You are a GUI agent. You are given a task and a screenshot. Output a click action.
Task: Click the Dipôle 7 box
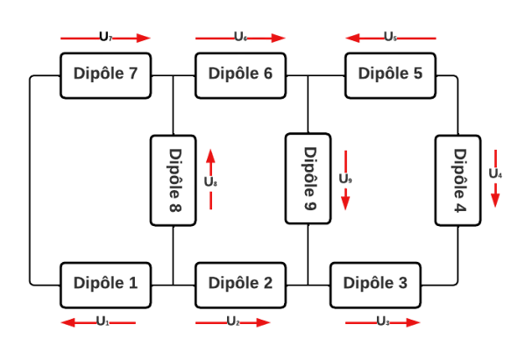click(104, 74)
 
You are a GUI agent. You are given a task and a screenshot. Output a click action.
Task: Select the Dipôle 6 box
click(240, 74)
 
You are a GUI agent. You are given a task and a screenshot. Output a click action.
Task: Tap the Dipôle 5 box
click(390, 74)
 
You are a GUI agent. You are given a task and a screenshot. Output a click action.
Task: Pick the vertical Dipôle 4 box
click(458, 179)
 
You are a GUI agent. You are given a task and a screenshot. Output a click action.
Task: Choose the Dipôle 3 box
click(375, 284)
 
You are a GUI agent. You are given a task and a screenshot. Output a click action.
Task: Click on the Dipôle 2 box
click(240, 284)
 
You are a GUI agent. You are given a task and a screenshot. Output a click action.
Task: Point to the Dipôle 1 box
click(105, 284)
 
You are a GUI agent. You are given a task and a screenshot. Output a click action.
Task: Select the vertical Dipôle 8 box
click(173, 179)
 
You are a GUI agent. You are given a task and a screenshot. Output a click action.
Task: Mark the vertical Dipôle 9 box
click(309, 179)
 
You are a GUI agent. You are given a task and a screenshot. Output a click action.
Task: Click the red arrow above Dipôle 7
click(106, 39)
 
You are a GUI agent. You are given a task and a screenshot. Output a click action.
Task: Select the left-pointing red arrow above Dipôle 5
click(390, 39)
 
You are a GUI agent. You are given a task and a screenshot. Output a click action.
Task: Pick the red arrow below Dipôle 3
click(383, 323)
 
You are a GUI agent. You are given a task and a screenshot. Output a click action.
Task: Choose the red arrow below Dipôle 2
click(233, 323)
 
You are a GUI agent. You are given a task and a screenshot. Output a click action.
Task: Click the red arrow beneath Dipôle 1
click(98, 323)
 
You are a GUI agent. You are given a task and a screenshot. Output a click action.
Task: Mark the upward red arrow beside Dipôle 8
click(210, 180)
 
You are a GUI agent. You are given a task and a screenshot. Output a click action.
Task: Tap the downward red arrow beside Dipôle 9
click(345, 180)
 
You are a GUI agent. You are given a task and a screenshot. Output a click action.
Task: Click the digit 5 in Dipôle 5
click(417, 74)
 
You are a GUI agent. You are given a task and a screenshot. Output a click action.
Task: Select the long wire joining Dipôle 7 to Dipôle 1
click(31, 179)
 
